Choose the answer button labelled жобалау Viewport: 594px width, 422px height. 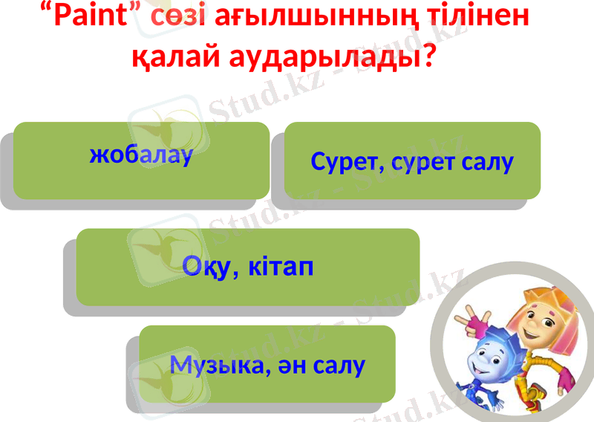click(141, 159)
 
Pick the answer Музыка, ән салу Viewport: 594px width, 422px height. click(267, 364)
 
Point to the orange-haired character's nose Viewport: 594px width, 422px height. click(532, 325)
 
